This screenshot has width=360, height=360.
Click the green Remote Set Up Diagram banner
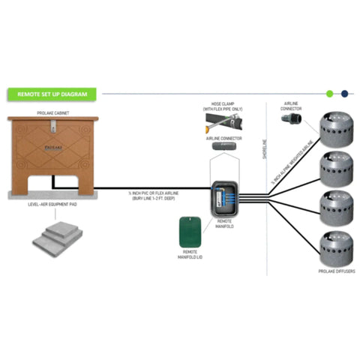click(x=49, y=94)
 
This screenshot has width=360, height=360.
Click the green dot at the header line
click(x=330, y=94)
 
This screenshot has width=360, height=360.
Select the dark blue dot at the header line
click(x=344, y=94)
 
